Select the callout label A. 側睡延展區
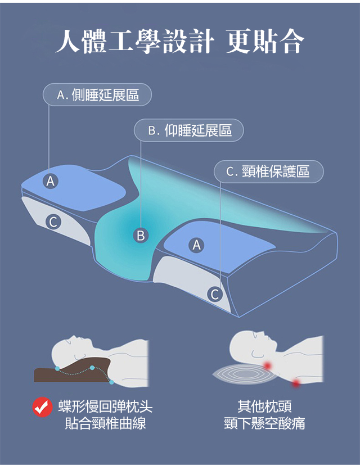(x=97, y=94)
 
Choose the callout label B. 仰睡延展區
(x=189, y=130)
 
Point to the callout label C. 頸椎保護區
(x=269, y=171)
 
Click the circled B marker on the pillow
(x=141, y=235)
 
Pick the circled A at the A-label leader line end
(x=51, y=180)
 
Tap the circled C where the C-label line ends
(x=215, y=294)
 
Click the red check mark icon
(x=43, y=407)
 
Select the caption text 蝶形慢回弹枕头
(x=105, y=406)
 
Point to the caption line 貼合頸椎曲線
(x=105, y=423)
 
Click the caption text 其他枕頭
(x=264, y=406)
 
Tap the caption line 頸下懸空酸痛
(x=264, y=423)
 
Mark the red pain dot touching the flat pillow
(x=267, y=365)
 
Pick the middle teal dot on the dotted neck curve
(x=92, y=368)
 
